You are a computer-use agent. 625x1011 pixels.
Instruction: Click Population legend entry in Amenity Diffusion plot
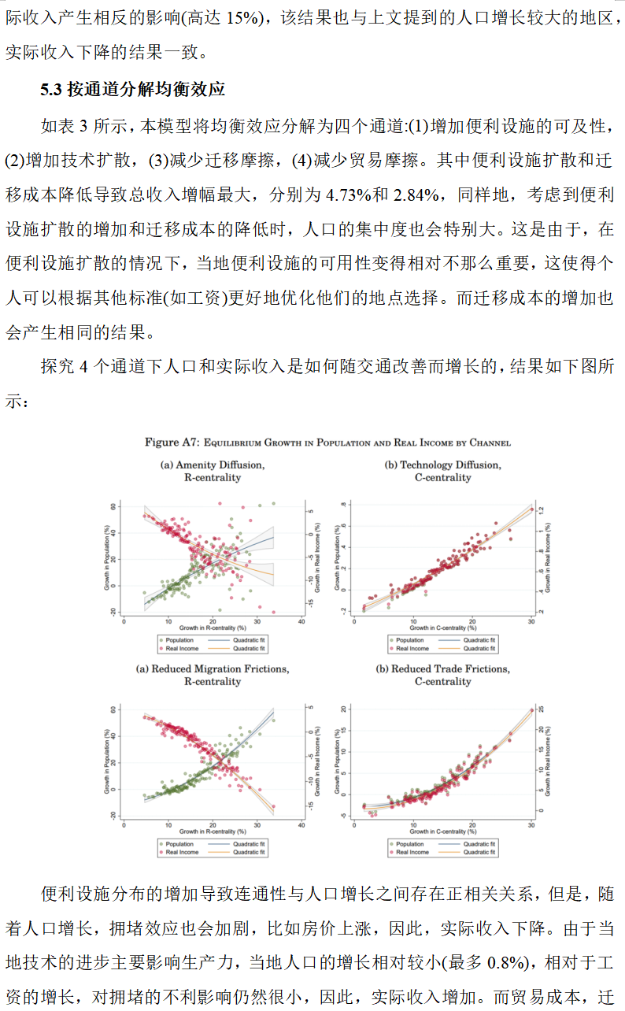pos(179,641)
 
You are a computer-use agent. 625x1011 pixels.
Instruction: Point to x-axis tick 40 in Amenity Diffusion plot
pos(301,621)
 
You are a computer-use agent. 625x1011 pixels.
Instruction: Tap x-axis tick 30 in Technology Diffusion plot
pos(531,621)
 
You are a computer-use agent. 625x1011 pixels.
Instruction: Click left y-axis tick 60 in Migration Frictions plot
pos(115,709)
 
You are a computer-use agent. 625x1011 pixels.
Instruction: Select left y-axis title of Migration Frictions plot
pos(106,762)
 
